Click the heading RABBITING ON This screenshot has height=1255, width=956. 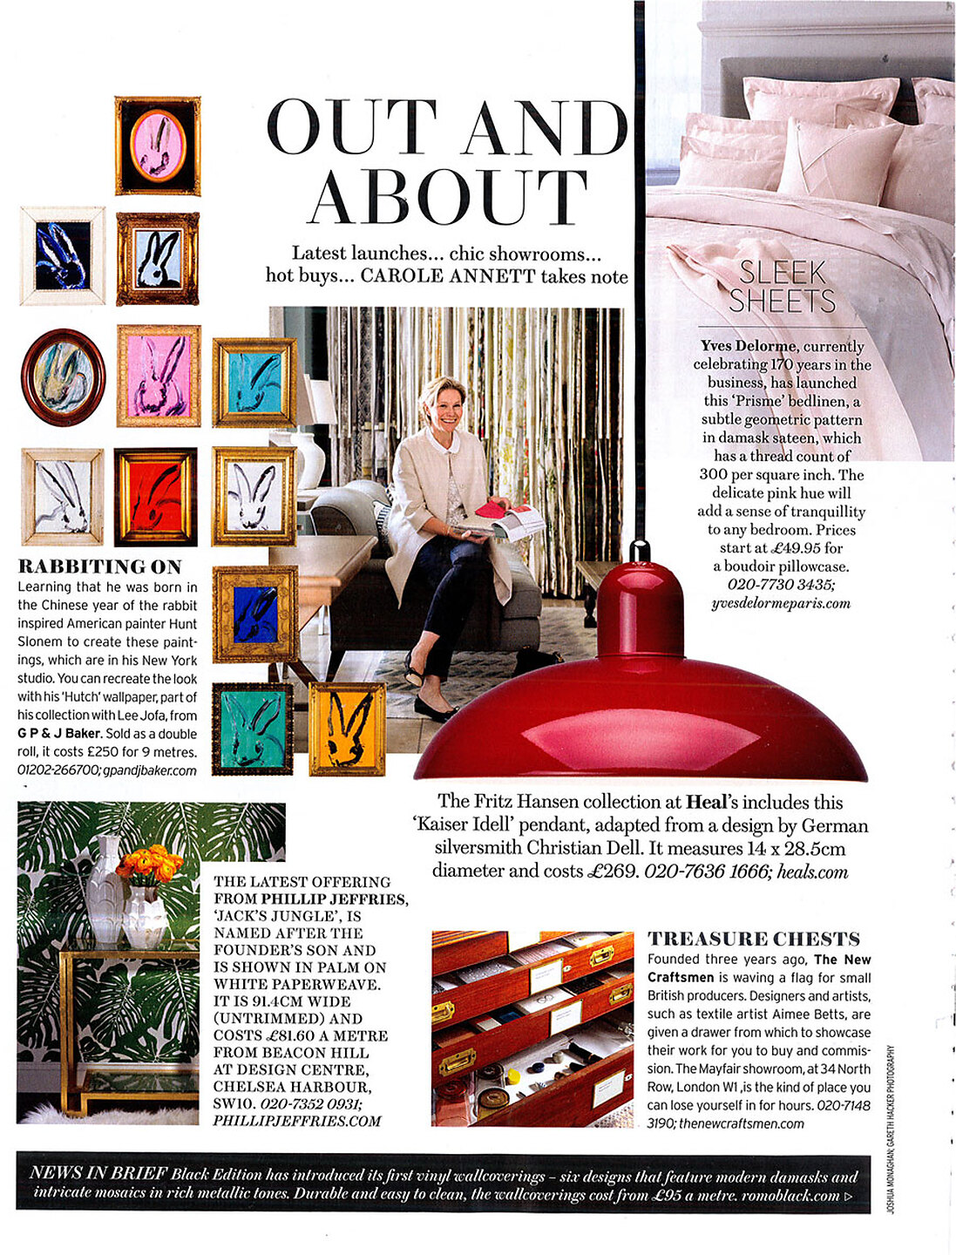tap(100, 566)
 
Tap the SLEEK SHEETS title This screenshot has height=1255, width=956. tap(782, 287)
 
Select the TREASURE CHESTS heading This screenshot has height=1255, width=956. tap(754, 939)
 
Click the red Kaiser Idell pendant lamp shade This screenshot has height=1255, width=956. tap(641, 697)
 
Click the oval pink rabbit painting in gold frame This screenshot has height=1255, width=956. tap(158, 145)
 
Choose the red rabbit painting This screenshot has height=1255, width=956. tap(156, 496)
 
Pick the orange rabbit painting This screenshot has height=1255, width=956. tap(347, 729)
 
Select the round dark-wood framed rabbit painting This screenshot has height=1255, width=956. tap(63, 376)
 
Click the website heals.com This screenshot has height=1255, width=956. tap(812, 871)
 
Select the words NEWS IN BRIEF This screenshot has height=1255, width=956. tap(98, 1173)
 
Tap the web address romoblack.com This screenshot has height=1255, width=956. tap(790, 1195)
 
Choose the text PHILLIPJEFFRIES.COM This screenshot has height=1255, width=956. tap(297, 1121)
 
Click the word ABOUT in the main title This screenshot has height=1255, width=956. tap(448, 196)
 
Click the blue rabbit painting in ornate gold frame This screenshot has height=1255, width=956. tap(256, 614)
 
